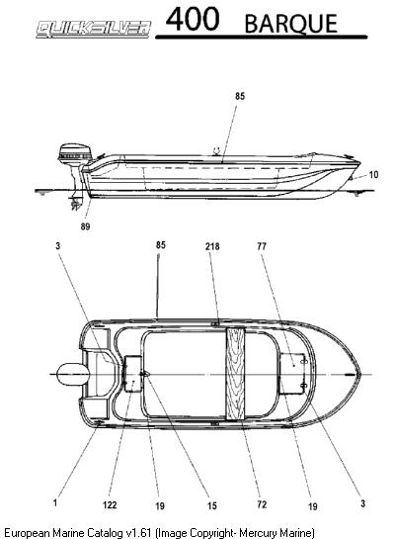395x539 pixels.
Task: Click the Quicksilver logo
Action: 94,29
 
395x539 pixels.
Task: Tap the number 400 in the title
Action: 193,19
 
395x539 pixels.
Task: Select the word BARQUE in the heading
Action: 291,24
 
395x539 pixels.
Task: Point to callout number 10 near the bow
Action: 373,175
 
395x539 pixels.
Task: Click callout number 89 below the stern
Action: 85,226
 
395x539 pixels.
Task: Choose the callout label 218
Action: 212,246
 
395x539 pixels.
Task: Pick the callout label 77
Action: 262,246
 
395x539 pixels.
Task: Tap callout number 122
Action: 110,505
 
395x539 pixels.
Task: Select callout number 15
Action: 212,505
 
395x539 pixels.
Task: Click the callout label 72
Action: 262,504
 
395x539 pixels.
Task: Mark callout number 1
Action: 55,503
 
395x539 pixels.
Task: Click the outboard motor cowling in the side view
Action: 75,152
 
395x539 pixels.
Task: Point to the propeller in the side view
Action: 75,204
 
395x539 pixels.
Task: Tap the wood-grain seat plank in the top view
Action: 235,374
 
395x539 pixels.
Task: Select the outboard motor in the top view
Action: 73,375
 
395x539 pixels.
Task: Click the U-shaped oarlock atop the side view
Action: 216,150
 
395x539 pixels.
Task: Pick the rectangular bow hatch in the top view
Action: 293,374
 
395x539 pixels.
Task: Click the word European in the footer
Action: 27,533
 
